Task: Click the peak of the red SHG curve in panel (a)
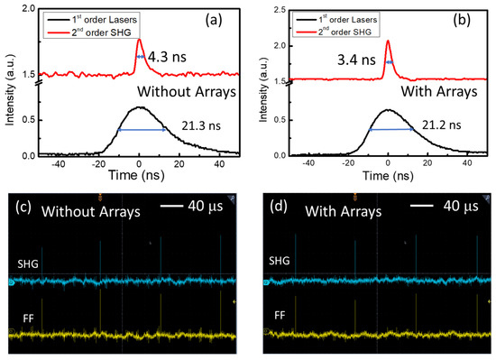click(x=139, y=40)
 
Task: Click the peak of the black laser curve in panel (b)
click(x=387, y=110)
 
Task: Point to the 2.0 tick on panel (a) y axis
click(x=26, y=9)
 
